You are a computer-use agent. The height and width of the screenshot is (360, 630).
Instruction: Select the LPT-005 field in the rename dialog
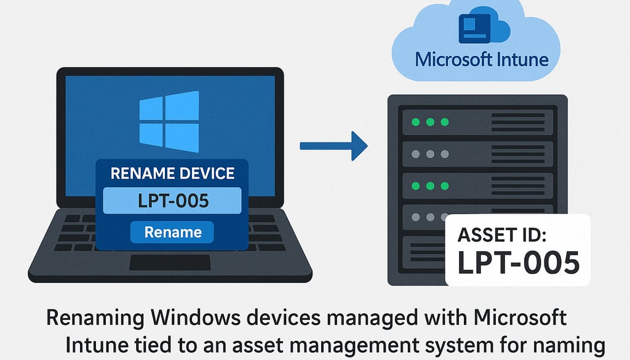(172, 201)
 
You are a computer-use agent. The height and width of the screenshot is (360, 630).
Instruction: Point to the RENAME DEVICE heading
(172, 173)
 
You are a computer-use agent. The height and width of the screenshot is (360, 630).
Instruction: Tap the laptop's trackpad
(169, 262)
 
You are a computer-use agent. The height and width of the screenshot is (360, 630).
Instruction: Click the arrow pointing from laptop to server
(333, 146)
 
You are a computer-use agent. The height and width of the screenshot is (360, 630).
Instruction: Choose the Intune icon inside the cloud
(479, 28)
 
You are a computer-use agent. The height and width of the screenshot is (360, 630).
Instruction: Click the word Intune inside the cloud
(518, 60)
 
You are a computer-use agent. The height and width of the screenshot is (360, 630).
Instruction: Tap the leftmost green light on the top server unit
(415, 122)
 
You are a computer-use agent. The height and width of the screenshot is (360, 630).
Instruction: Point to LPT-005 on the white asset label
(517, 262)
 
